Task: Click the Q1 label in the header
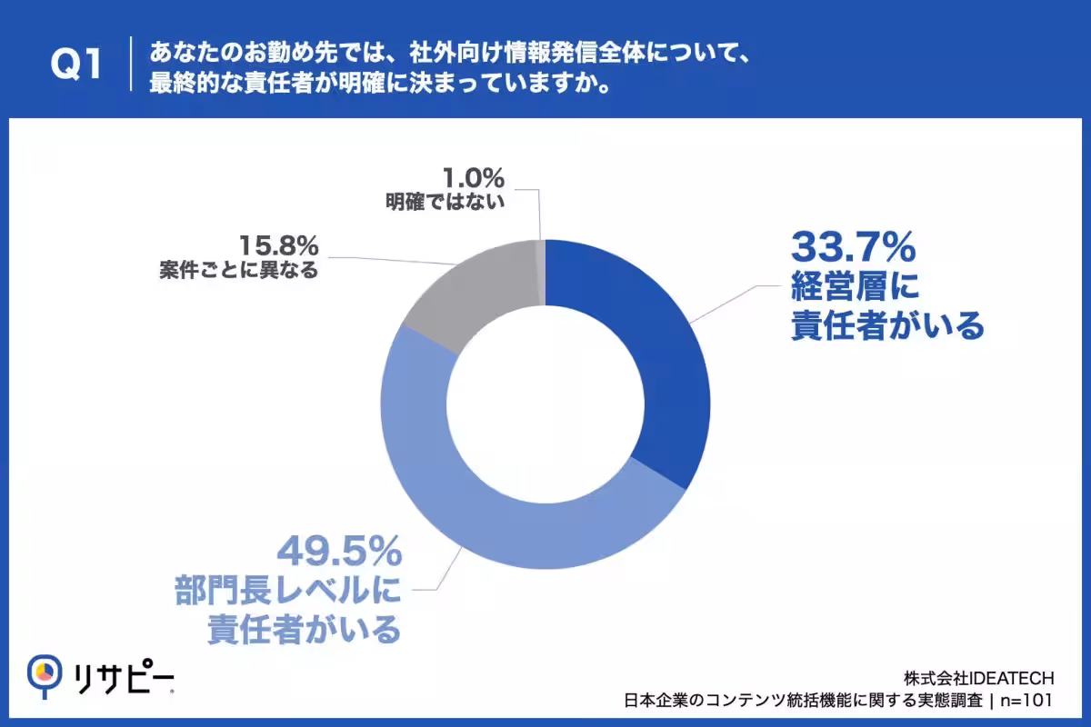(x=76, y=64)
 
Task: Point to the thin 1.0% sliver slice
(x=541, y=273)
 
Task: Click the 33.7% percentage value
(x=854, y=247)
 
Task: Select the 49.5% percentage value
(x=339, y=552)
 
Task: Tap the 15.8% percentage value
(x=279, y=245)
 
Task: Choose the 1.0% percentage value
(x=474, y=178)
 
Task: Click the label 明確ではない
(x=445, y=202)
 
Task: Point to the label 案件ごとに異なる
(x=238, y=270)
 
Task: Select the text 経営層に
(x=856, y=286)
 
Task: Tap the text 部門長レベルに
(x=288, y=590)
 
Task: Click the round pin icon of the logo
(x=45, y=673)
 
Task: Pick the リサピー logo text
(x=124, y=677)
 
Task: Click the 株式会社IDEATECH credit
(x=979, y=678)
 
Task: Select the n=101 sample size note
(x=1026, y=701)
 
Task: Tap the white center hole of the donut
(x=545, y=404)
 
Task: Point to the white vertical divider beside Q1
(x=131, y=64)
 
